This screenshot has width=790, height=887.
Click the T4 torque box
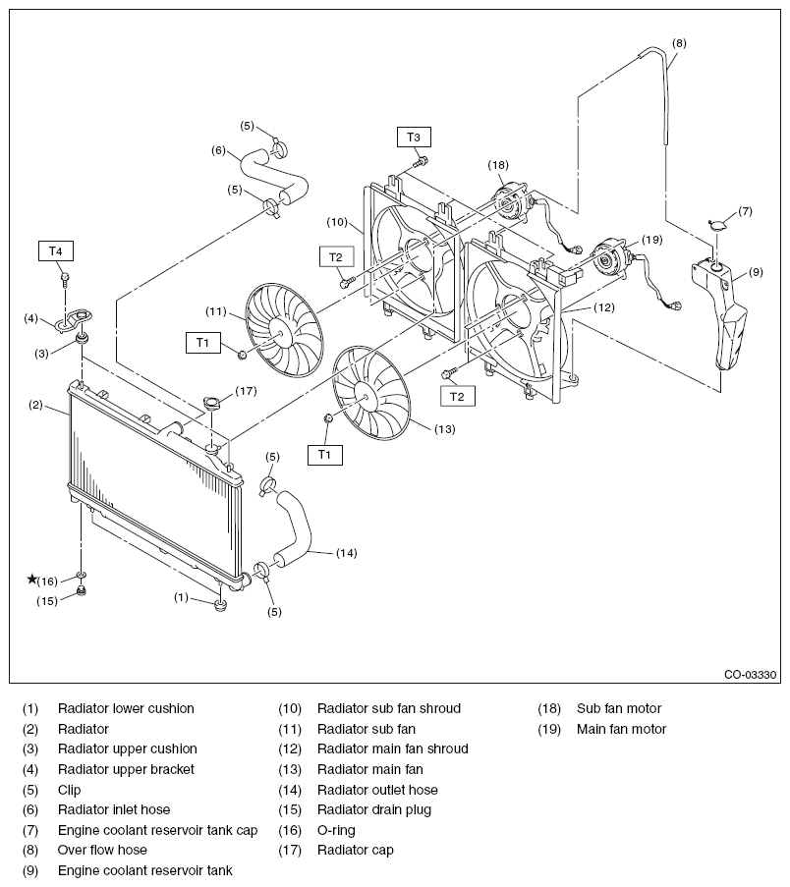pos(55,251)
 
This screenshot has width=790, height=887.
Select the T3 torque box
pos(413,137)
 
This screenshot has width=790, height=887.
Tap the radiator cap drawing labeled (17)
pos(212,404)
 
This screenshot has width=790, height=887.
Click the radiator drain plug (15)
pos(81,591)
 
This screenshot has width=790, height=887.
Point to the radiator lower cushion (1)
pos(221,605)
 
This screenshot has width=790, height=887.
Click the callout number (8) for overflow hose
pos(679,43)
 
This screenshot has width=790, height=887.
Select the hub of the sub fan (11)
pos(280,330)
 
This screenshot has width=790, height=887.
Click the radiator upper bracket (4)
pos(73,320)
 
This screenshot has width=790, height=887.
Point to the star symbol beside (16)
pos(32,579)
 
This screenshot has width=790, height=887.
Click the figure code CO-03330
pos(750,674)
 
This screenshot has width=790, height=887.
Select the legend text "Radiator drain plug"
pos(374,809)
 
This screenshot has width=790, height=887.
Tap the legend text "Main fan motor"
pos(621,729)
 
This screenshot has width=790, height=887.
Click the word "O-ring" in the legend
pos(336,830)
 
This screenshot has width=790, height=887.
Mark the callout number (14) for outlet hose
pos(346,553)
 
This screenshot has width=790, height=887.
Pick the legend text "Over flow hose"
pos(102,850)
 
